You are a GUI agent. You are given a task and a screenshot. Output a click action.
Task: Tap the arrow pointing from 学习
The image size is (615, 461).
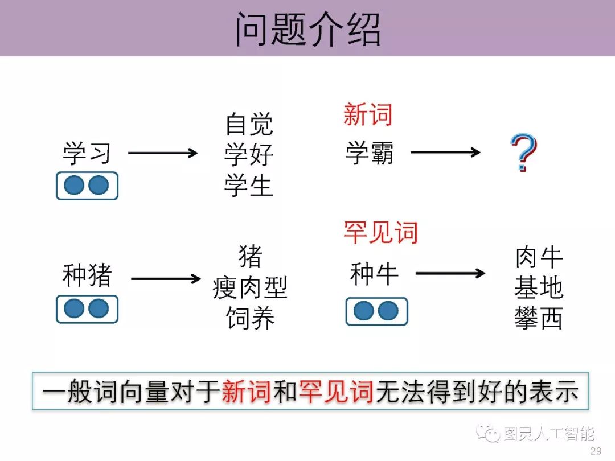click(x=163, y=153)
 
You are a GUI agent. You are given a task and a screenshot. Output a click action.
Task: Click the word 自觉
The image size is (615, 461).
click(x=249, y=124)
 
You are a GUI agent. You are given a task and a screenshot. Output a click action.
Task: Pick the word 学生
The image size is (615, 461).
click(x=249, y=186)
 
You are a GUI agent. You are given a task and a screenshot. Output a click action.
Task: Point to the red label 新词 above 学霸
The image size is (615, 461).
click(x=368, y=115)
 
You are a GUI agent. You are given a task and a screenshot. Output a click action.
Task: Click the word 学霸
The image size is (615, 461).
click(x=369, y=153)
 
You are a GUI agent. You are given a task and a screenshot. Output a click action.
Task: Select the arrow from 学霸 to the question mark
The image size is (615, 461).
click(x=445, y=153)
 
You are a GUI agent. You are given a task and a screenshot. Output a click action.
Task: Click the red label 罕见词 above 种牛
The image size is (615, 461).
click(x=380, y=232)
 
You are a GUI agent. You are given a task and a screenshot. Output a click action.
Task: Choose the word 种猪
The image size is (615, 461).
click(x=87, y=277)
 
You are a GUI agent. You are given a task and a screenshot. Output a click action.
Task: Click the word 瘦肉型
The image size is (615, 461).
click(x=249, y=287)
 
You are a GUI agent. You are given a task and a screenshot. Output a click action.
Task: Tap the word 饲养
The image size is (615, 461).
click(x=249, y=318)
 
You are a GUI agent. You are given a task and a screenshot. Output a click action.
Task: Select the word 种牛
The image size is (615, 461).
click(x=374, y=274)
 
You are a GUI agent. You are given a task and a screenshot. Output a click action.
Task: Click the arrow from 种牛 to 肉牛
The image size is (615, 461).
click(x=450, y=274)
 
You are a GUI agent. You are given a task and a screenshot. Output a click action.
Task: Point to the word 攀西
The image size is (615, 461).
click(x=538, y=319)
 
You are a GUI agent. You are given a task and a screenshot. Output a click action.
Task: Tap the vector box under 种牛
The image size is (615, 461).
click(x=376, y=311)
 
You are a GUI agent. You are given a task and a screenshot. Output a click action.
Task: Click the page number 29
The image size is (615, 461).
click(x=596, y=451)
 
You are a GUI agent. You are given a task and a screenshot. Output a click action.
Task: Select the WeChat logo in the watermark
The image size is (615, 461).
click(x=489, y=434)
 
